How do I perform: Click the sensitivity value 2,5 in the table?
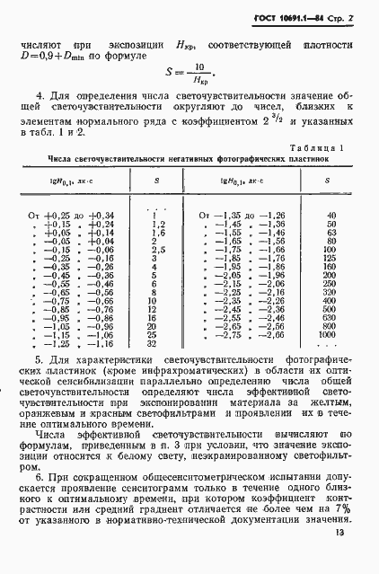coord(154,250)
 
